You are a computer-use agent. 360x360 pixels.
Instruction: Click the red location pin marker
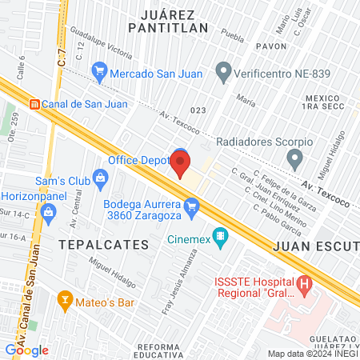point(181,165)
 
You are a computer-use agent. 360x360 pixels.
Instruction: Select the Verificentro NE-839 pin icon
point(224,73)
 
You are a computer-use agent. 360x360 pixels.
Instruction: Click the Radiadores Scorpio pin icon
point(295,159)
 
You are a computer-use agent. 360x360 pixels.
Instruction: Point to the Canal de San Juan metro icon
point(34,103)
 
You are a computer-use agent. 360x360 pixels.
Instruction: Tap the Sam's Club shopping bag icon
point(99,175)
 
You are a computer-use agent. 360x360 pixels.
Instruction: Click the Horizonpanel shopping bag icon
point(48,211)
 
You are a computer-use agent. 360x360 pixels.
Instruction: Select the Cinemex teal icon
point(222,237)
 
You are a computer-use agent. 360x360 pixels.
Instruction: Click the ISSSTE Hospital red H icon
point(303,283)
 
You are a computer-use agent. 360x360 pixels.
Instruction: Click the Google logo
point(26,349)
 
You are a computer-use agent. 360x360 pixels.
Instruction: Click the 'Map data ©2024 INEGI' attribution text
point(313,354)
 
